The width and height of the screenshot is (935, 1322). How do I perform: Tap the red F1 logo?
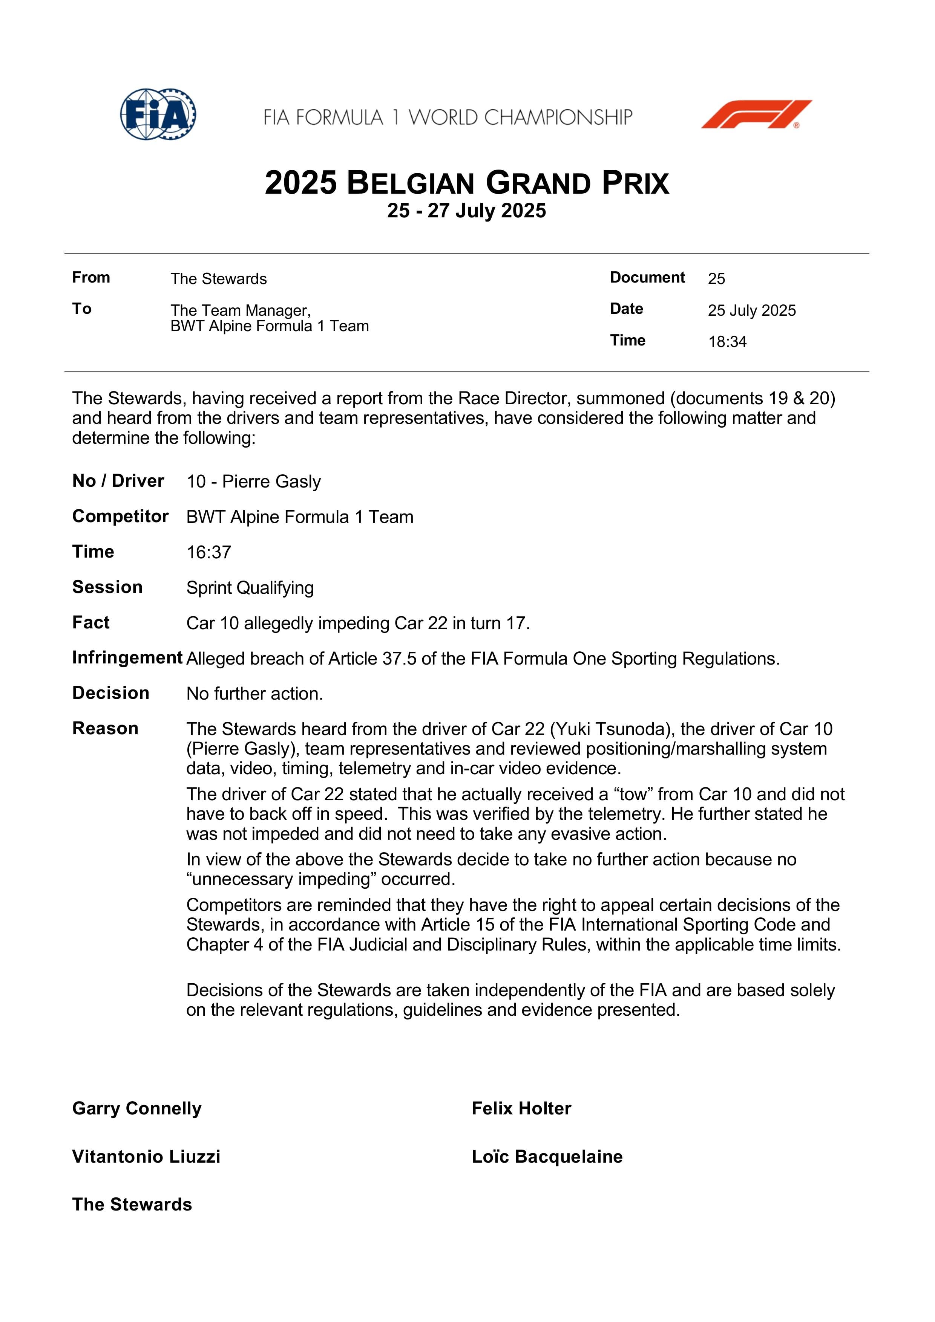coord(756,114)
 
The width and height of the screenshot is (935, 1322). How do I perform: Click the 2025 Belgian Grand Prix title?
coord(467,183)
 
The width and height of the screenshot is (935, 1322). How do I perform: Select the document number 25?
coord(716,279)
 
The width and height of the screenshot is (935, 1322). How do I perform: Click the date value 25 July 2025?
coord(751,310)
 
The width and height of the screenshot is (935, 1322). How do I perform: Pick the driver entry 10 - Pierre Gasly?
coord(253,481)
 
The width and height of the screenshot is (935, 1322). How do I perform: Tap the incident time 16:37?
coord(208,552)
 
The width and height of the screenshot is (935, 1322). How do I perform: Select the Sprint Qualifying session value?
coord(250,588)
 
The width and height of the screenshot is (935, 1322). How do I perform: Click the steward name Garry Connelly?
coord(136,1108)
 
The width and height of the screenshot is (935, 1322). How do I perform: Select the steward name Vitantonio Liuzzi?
coord(146,1156)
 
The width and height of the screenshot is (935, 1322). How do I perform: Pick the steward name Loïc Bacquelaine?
coord(547,1156)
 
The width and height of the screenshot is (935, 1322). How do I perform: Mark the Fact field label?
coord(90,622)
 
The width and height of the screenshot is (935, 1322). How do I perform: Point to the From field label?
coord(90,278)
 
